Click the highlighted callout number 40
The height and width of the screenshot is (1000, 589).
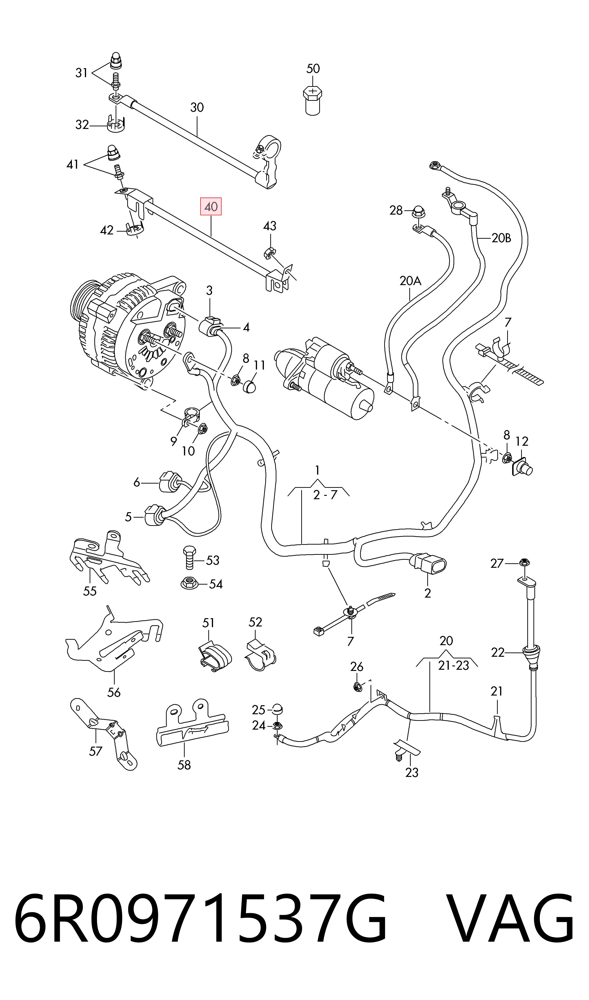pos(211,207)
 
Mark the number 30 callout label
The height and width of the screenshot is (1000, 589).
pos(197,107)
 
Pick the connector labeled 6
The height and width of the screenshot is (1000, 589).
pos(167,481)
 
